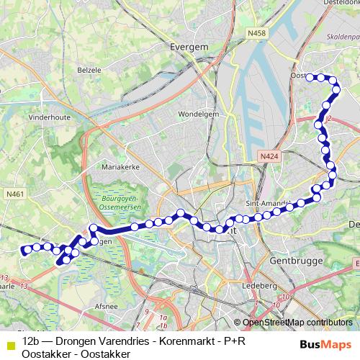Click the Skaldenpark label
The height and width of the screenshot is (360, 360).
343,35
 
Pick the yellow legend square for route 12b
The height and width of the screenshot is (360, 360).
9,340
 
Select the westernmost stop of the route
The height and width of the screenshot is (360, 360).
24,251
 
